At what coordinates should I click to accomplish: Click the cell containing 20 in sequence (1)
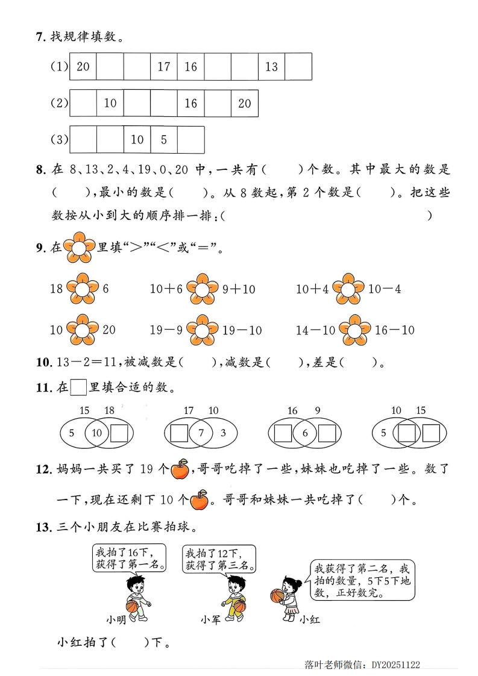coord(83,67)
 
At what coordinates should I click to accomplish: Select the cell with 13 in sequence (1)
coord(271,67)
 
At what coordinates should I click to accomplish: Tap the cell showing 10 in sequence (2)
coord(110,104)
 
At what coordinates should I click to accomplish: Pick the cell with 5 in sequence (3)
coord(163,140)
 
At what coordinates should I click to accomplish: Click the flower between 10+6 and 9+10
coord(203,289)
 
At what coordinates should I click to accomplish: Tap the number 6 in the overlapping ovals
coord(305,433)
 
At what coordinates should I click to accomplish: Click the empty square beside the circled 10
coord(119,433)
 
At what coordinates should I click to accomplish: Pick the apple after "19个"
coord(180,469)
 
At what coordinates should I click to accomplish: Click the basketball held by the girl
coord(277,595)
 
